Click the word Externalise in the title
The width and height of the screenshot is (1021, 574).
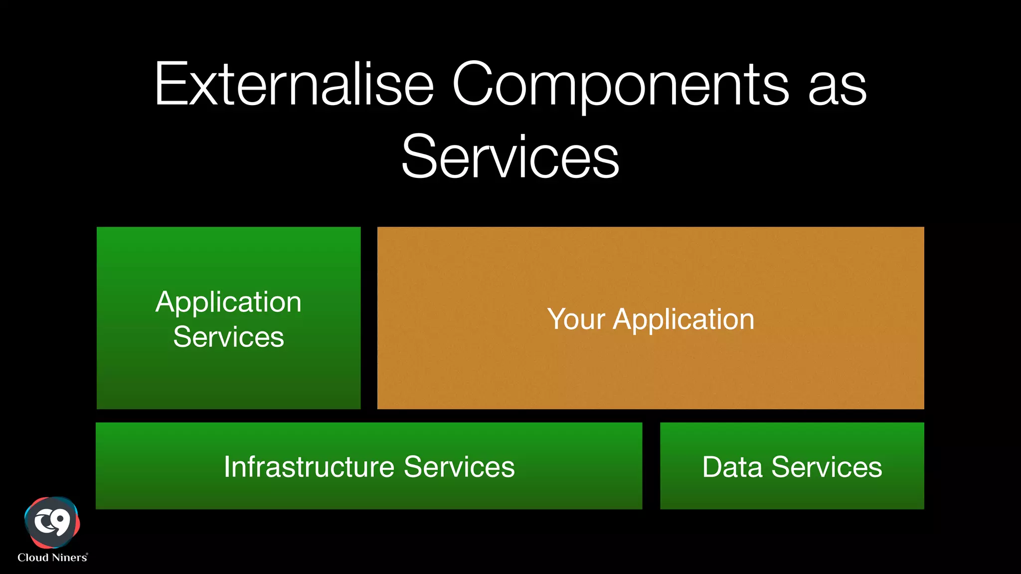coord(294,84)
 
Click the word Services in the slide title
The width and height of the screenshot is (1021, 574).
coord(510,157)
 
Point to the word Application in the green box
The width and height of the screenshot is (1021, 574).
coord(228,302)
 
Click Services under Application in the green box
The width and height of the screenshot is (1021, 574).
coord(228,337)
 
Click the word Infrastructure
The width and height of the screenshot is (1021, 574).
coord(309,467)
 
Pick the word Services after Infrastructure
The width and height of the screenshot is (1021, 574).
coord(459,467)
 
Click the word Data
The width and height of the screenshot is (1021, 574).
coord(732,467)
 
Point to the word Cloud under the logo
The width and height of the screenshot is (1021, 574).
coord(33,558)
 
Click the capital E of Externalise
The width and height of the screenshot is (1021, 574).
coord(170,84)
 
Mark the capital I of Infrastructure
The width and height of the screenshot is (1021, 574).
coord(227,467)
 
